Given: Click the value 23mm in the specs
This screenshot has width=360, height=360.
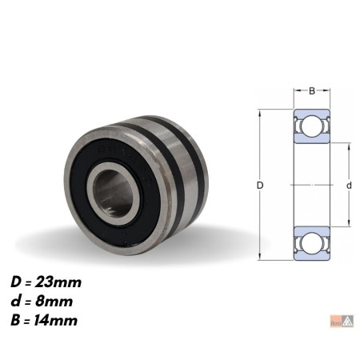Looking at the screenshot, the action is pos(58,282).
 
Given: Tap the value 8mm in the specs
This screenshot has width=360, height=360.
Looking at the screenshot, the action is pos(54,302).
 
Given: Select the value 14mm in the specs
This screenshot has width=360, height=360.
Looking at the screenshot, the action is pos(55,320).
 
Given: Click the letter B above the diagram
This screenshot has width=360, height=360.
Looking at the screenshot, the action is pos(312,91).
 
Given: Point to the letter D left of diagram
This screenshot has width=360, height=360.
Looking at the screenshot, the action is pos(260,185).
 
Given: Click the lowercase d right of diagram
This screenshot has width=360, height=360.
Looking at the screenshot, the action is pos(349,185).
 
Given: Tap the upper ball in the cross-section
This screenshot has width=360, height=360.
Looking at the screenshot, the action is pos(312,126).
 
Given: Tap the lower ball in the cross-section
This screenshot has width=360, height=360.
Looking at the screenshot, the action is pos(312,243).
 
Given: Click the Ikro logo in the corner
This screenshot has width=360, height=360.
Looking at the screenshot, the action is pos(342,321).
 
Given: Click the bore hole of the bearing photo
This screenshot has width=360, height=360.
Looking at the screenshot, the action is pos(114,194).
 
